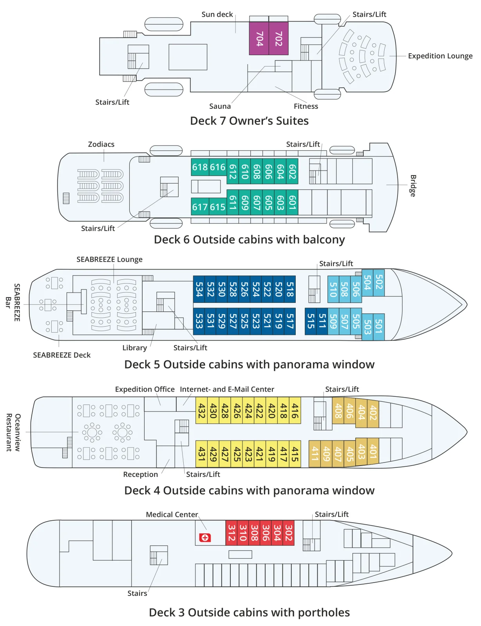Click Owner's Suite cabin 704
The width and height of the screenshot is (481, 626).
click(259, 38)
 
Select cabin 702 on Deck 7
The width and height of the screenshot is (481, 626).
click(278, 38)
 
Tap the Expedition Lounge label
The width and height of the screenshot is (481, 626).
click(440, 56)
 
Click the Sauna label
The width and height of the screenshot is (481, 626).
click(220, 106)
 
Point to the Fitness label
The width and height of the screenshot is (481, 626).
click(306, 106)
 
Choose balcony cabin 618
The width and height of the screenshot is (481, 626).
click(200, 167)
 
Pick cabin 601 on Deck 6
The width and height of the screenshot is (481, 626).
click(292, 202)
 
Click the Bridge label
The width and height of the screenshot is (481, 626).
click(413, 186)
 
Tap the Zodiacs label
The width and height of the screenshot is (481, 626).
click(101, 144)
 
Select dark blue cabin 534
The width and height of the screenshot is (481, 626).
click(199, 289)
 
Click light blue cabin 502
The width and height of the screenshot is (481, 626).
click(379, 282)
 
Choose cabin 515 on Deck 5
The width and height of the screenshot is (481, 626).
click(311, 321)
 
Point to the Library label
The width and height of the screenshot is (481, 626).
click(134, 348)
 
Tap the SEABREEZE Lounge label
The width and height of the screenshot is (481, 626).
click(109, 259)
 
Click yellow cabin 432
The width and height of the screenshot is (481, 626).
click(202, 410)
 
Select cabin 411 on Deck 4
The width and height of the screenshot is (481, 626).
click(315, 454)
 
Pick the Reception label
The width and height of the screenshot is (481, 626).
click(141, 475)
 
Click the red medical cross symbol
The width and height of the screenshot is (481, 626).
click(205, 538)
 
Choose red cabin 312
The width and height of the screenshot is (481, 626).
click(231, 532)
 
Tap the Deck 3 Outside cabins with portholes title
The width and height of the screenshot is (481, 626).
click(249, 612)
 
